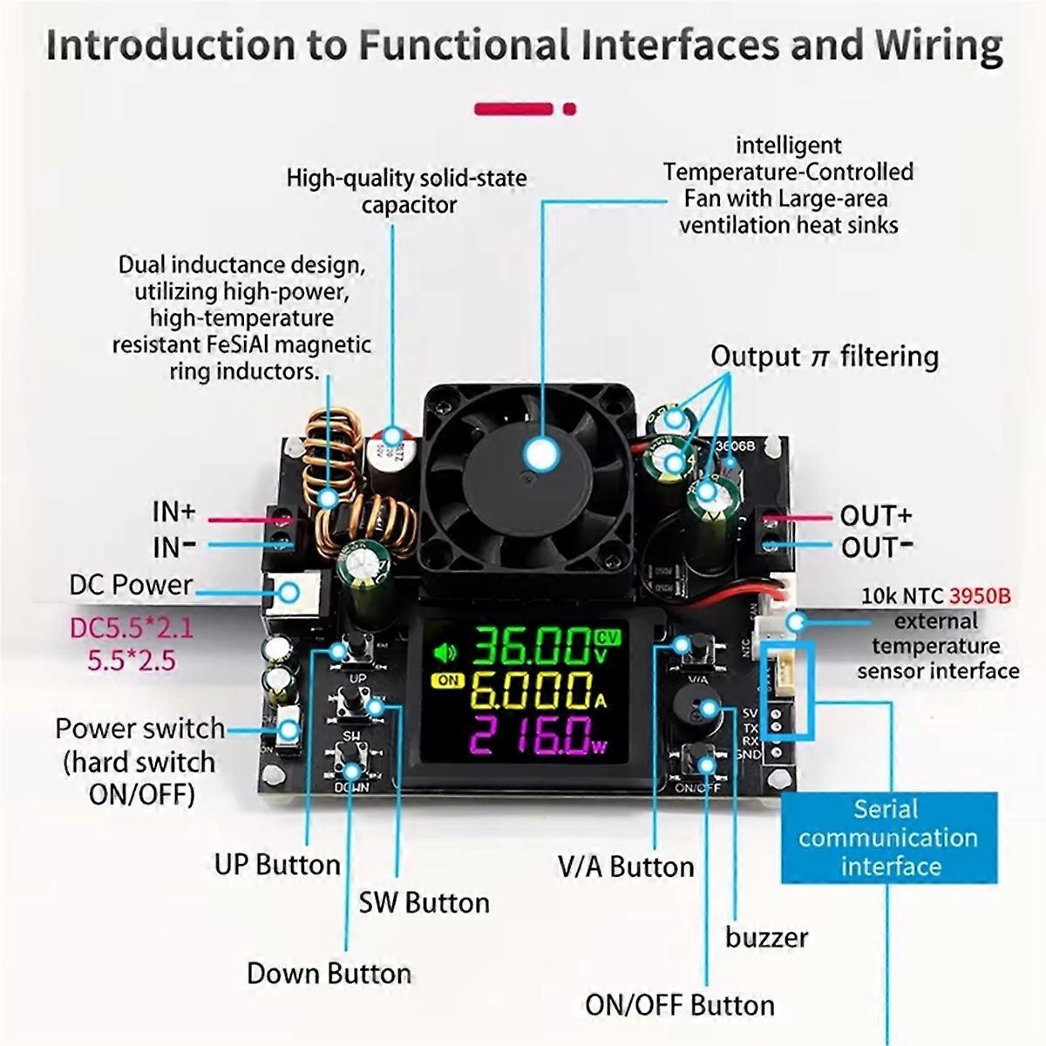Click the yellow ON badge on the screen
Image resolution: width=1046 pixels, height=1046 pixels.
tap(448, 680)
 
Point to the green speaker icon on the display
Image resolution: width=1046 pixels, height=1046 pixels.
tap(445, 650)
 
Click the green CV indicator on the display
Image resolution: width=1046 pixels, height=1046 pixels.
tap(608, 636)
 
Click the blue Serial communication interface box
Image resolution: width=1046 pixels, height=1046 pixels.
tap(888, 838)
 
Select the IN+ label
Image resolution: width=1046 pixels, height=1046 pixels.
tap(174, 512)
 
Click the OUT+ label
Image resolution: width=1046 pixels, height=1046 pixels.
tap(876, 515)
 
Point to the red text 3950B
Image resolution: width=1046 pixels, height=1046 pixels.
tap(980, 596)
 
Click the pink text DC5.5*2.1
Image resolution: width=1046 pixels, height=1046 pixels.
tap(132, 628)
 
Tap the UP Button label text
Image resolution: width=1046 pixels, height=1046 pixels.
tap(277, 865)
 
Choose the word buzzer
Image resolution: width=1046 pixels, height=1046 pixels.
tap(766, 937)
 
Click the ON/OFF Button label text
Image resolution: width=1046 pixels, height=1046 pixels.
tap(679, 1005)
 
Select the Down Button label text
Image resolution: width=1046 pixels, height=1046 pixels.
tap(329, 973)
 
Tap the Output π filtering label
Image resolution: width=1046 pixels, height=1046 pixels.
tap(824, 357)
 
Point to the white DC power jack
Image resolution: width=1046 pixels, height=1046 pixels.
tap(288, 594)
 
